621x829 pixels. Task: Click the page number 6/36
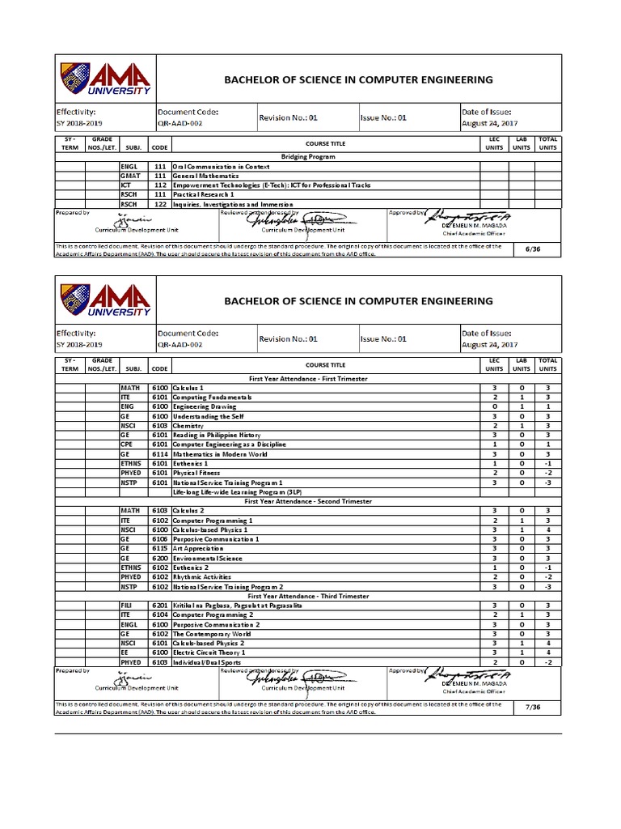click(532, 249)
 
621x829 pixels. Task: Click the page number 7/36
click(532, 707)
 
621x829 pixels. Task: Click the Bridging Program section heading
click(307, 155)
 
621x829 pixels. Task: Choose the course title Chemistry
click(188, 425)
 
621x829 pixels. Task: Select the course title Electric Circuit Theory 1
click(209, 653)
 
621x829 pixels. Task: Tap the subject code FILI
click(126, 605)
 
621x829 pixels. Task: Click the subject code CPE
click(126, 444)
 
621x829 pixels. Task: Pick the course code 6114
click(159, 454)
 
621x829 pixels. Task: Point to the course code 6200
click(159, 558)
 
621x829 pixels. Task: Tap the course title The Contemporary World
click(206, 634)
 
